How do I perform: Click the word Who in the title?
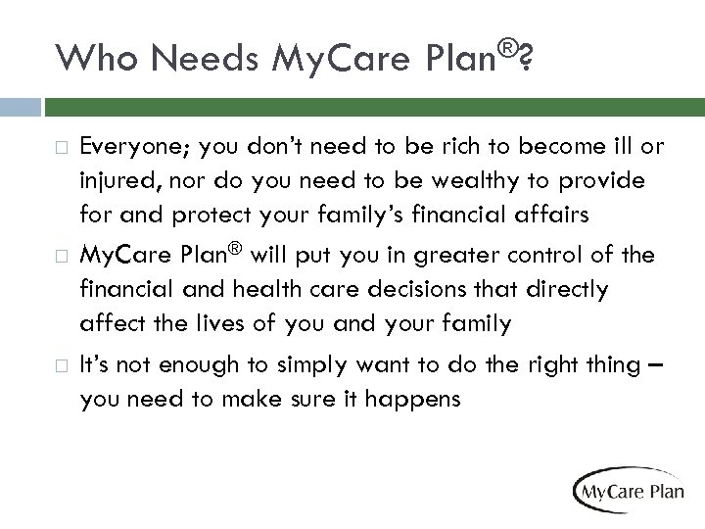(x=91, y=61)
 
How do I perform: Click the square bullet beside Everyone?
(x=62, y=148)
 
